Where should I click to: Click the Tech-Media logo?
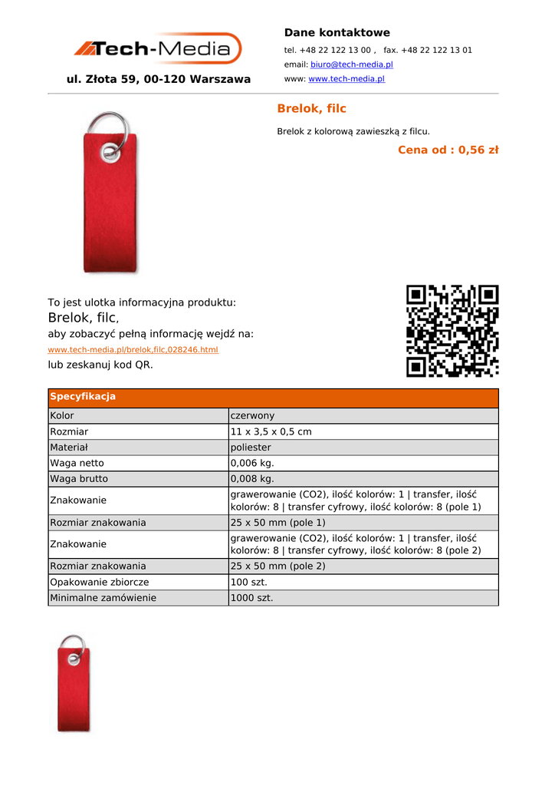(158, 49)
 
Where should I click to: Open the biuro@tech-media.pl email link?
(351, 64)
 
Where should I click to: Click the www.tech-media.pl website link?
(346, 79)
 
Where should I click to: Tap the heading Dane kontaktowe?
(337, 33)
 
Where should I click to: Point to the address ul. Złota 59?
(159, 79)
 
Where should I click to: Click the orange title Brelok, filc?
(311, 109)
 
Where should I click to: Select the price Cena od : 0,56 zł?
(448, 150)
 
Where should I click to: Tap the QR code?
(452, 331)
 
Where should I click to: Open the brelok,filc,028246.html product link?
(133, 350)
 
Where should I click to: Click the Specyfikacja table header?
(83, 397)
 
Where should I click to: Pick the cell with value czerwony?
(252, 416)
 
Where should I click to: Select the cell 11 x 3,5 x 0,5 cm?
(271, 432)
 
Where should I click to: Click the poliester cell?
(251, 447)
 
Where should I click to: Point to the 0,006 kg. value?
(251, 463)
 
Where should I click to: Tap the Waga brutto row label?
(79, 479)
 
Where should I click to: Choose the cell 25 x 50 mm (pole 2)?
(277, 566)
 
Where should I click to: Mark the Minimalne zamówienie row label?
(103, 598)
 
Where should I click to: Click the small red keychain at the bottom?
(74, 683)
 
